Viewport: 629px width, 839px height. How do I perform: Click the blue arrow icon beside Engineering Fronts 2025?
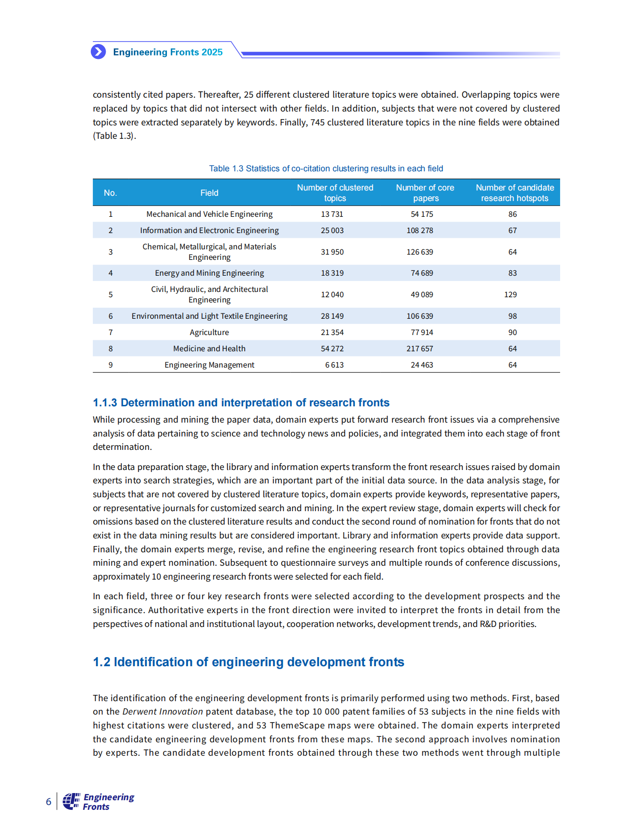click(x=99, y=52)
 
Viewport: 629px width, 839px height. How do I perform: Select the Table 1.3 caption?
click(x=326, y=168)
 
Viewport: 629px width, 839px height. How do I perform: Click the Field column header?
click(x=209, y=193)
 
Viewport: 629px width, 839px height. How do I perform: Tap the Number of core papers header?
click(x=425, y=193)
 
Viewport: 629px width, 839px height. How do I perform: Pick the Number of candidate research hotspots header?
click(x=515, y=193)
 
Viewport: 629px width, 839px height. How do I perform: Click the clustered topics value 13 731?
click(x=332, y=214)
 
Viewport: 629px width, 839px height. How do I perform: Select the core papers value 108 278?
click(x=420, y=230)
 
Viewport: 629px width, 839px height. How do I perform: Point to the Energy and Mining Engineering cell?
click(x=209, y=273)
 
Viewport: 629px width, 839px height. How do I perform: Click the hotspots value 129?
click(x=510, y=294)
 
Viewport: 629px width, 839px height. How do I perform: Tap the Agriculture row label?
click(x=209, y=332)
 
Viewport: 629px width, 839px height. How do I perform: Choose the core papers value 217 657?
click(x=420, y=348)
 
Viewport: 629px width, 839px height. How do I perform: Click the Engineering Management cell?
click(x=209, y=365)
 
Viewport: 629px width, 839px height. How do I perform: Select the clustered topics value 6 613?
click(x=334, y=365)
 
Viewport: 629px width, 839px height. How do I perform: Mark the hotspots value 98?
click(x=512, y=316)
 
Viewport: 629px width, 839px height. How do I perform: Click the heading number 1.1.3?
click(x=105, y=403)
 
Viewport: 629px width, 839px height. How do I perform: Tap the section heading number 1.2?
click(x=101, y=662)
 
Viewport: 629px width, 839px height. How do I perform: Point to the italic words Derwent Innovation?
click(x=163, y=712)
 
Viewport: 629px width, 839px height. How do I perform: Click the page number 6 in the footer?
click(x=48, y=802)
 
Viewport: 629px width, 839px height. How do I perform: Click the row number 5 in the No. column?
click(x=110, y=294)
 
